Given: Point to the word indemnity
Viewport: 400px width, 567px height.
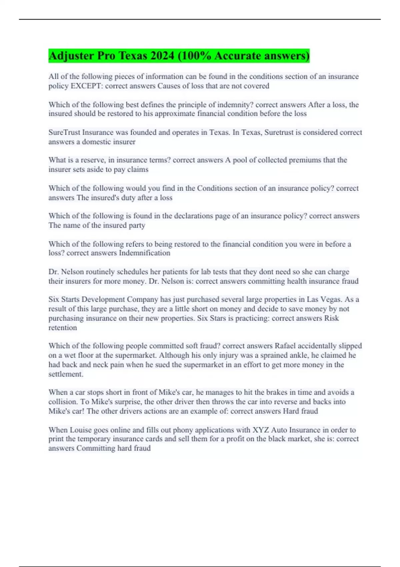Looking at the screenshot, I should (x=235, y=105).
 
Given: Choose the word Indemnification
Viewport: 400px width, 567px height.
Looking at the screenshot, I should (x=144, y=253).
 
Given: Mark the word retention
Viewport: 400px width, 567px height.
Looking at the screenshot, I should (x=63, y=328).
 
